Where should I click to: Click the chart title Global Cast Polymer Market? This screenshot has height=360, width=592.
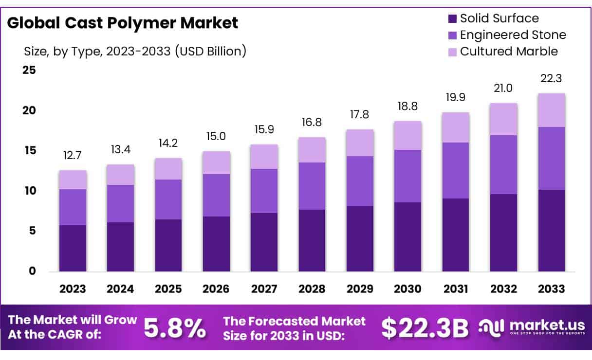coord(122,23)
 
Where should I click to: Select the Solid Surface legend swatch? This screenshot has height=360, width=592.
coord(452,19)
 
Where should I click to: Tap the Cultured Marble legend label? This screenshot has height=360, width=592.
coord(509,52)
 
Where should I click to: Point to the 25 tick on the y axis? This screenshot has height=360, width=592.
coord(29,70)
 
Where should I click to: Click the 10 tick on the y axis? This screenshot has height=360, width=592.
coord(29,191)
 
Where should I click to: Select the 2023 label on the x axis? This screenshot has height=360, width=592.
coord(73,289)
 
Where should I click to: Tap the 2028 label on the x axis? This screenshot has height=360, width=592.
coord(312,289)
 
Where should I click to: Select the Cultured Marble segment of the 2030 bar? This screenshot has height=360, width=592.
coord(407,135)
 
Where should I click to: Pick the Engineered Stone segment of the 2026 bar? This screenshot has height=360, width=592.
coord(216,195)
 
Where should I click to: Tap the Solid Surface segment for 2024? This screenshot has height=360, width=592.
coord(120,247)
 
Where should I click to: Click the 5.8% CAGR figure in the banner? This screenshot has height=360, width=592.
coord(175,329)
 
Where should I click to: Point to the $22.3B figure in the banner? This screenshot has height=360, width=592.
coord(425,329)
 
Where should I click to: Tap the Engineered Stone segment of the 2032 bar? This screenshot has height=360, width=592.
coord(503,164)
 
